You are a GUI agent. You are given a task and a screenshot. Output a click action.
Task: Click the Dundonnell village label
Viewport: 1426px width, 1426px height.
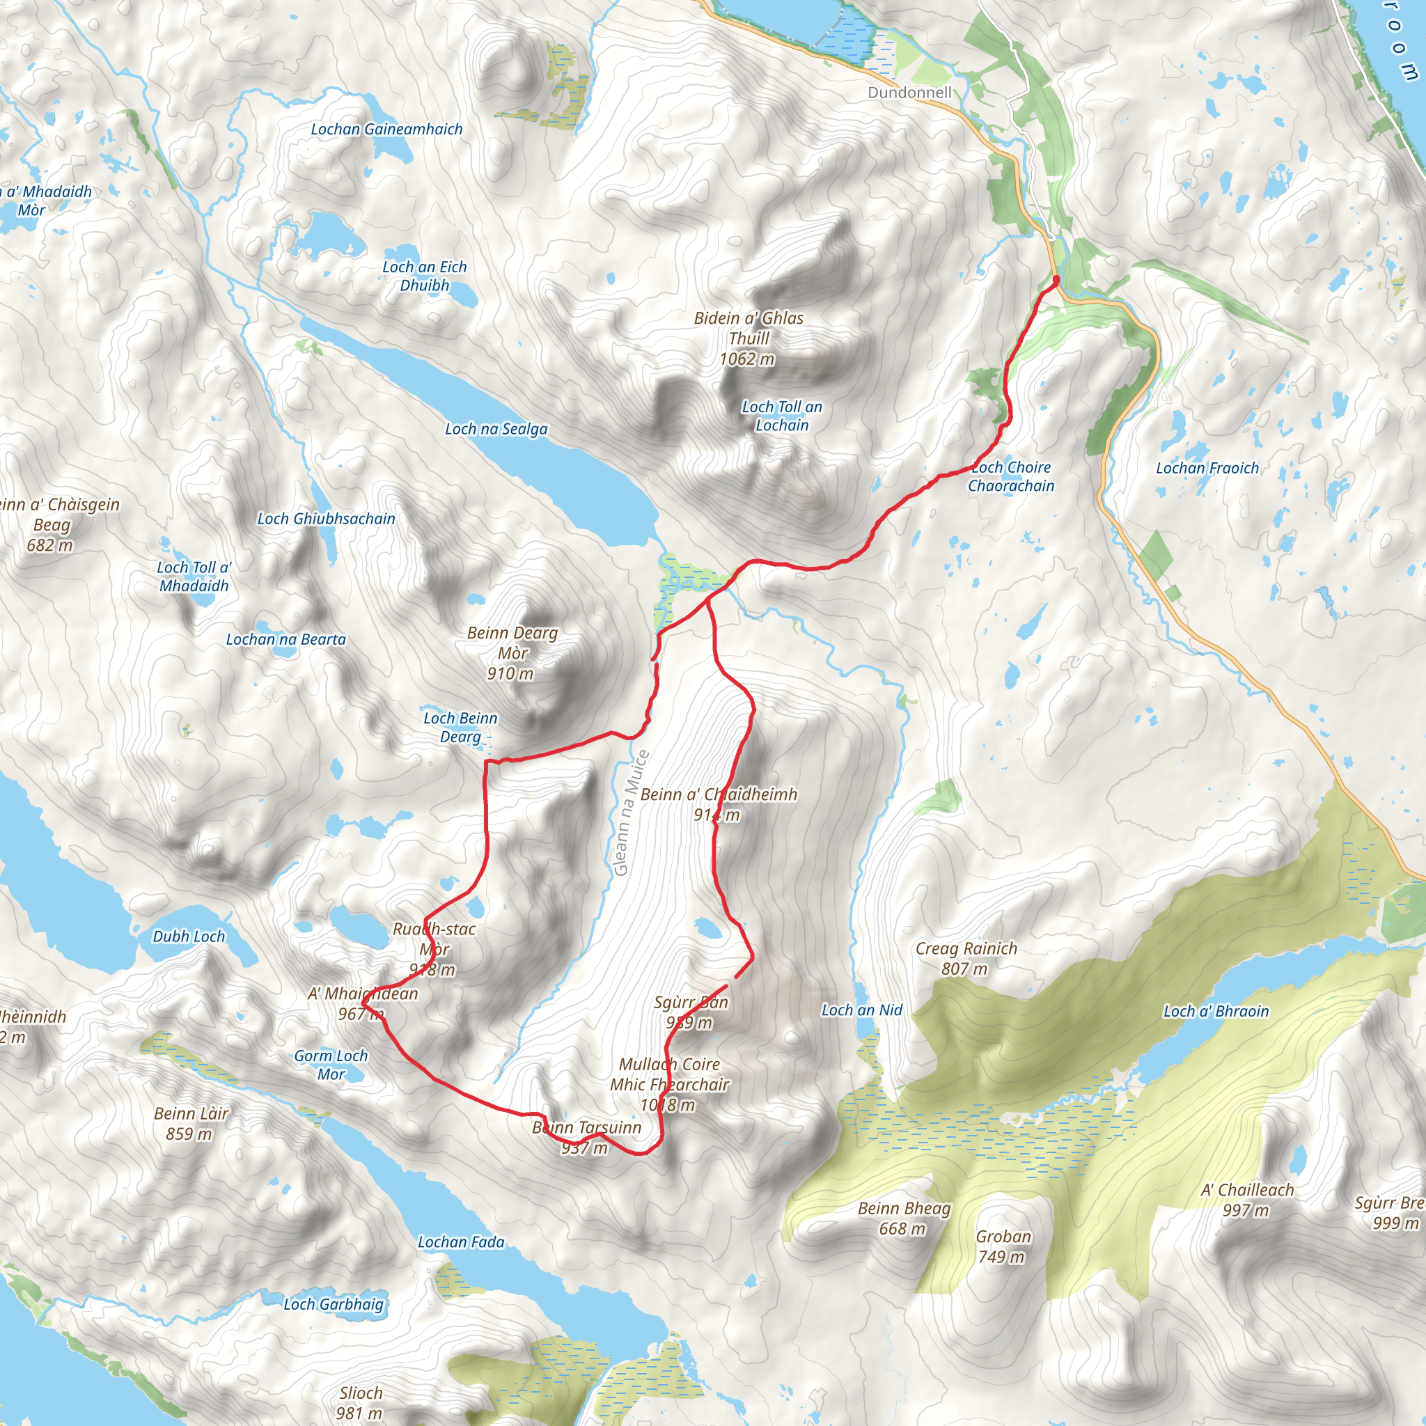[x=909, y=93]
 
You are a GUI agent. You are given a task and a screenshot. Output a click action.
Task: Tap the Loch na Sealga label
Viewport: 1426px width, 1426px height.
[x=496, y=429]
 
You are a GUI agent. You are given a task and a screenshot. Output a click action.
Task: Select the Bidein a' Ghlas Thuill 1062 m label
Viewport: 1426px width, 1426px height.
[x=749, y=338]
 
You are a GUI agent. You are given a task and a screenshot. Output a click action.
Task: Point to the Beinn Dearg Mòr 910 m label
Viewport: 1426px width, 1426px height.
[x=512, y=652]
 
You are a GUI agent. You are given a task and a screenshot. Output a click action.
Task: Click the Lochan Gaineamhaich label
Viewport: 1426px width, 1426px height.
[x=386, y=130]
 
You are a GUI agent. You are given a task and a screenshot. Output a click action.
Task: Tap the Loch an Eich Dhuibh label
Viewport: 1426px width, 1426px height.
[x=425, y=276]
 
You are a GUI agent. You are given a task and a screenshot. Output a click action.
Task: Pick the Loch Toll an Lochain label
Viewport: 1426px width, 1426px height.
[x=782, y=416]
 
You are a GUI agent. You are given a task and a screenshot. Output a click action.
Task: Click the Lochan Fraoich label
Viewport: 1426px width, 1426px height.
[x=1207, y=468]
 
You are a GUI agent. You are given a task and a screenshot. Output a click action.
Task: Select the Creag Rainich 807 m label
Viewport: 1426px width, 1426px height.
[x=966, y=958]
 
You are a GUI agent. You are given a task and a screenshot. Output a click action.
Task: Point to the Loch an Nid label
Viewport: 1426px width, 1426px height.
[x=861, y=1010]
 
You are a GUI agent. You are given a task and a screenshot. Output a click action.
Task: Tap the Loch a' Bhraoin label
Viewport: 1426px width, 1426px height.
[x=1216, y=1011]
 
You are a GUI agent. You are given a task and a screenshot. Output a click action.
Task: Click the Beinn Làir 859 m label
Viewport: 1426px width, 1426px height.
[x=191, y=1122]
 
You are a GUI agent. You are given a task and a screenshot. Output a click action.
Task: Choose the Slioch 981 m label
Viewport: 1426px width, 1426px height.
[x=360, y=1402]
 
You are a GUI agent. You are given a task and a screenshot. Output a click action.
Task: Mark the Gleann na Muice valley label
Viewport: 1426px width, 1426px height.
[x=631, y=813]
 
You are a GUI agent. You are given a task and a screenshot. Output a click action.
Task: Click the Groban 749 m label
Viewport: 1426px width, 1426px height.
[x=1003, y=1246]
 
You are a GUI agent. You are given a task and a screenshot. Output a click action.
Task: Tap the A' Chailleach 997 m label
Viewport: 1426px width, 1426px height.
[x=1246, y=1200]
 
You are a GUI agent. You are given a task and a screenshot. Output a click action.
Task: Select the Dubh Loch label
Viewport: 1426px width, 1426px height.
[x=188, y=936]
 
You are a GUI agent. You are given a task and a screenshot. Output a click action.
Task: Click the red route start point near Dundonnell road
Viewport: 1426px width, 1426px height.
[x=1056, y=280]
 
